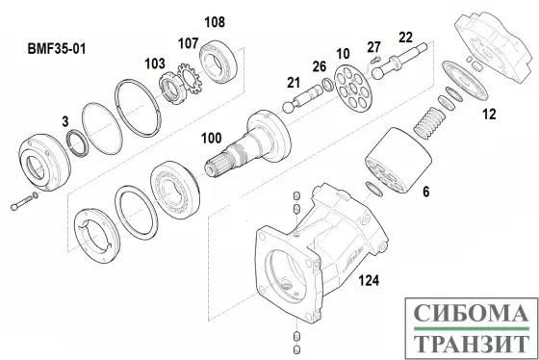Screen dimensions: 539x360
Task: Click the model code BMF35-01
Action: tap(57, 48)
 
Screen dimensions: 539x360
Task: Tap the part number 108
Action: tap(215, 22)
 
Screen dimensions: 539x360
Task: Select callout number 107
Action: tap(188, 43)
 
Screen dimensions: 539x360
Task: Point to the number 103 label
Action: tap(155, 64)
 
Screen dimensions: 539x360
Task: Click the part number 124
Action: tap(369, 280)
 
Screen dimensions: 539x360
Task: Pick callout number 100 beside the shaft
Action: tap(211, 139)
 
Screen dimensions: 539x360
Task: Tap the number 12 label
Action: tap(489, 115)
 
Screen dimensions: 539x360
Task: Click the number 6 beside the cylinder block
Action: tap(425, 192)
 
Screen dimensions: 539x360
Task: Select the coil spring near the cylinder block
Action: tap(428, 123)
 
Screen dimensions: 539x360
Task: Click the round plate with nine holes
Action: tap(353, 89)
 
